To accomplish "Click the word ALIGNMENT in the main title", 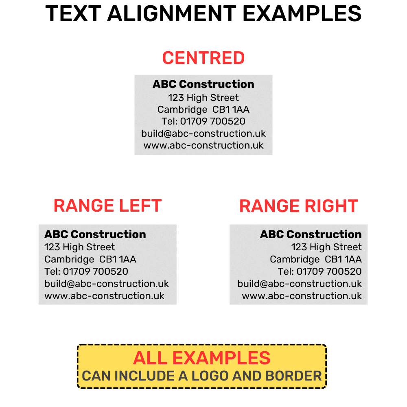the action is tap(172, 14).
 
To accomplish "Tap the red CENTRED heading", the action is tap(203, 58).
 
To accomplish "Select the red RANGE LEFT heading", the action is tap(107, 206).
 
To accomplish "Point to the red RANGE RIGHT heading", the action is tap(298, 206).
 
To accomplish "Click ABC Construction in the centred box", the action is tap(203, 84).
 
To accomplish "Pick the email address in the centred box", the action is tap(203, 133).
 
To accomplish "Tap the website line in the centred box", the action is tap(203, 145).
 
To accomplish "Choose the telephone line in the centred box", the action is tap(203, 121).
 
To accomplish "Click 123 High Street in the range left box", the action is tap(79, 247).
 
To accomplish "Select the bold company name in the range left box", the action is tap(95, 234).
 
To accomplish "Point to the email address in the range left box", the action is tap(106, 284).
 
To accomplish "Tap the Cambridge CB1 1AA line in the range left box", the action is tap(90, 259).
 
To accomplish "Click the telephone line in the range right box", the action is tap(320, 271).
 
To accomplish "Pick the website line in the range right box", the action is tap(302, 296).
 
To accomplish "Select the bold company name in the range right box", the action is tap(311, 234).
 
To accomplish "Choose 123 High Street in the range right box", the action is tap(326, 247).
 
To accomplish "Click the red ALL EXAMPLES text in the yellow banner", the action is tap(202, 358).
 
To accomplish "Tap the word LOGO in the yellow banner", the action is tap(210, 376).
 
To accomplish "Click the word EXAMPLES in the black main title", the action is tap(302, 14).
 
